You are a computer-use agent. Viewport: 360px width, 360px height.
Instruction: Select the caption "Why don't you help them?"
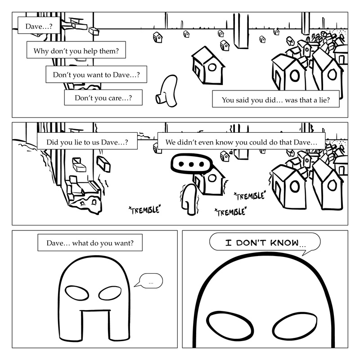click(x=76, y=50)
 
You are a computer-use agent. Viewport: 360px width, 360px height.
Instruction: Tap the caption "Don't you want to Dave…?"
click(x=96, y=74)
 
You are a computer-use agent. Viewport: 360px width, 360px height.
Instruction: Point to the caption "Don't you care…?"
click(x=103, y=98)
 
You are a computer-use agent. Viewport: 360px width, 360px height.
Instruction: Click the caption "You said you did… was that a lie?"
click(x=276, y=100)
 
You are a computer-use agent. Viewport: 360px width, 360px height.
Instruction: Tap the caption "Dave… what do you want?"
click(x=90, y=243)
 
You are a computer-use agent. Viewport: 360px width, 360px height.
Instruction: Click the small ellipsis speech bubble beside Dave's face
click(x=149, y=282)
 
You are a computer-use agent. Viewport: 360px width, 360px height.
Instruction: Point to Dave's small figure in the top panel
click(x=168, y=91)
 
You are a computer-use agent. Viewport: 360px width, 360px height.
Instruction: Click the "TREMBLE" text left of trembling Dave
click(x=144, y=209)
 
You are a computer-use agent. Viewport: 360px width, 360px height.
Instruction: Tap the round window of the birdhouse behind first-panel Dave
click(x=212, y=67)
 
